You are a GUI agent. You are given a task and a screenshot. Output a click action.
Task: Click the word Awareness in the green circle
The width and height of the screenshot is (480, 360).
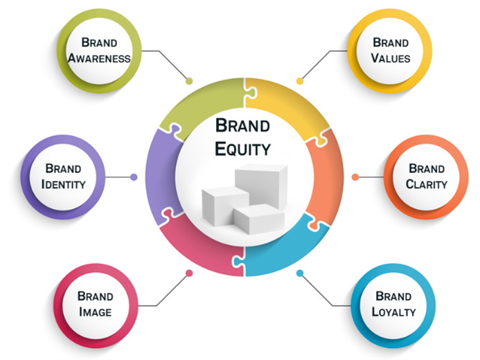point(100,58)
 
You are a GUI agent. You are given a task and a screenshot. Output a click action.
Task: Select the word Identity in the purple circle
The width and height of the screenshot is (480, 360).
point(63,184)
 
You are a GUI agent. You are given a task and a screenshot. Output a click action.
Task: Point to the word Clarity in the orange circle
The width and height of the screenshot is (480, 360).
point(427,184)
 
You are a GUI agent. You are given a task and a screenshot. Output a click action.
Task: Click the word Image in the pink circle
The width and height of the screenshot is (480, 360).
point(96,312)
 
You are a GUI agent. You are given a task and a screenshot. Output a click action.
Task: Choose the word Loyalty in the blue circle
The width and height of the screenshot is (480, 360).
point(393,312)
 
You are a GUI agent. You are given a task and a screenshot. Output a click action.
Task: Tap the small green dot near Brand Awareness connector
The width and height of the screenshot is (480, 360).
point(189,80)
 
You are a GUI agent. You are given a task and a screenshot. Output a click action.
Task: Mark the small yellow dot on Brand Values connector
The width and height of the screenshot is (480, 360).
point(299,81)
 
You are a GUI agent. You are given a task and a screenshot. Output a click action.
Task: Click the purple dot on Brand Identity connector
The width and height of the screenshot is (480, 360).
point(134,177)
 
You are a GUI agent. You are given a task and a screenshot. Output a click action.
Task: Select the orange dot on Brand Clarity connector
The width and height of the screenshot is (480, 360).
point(355,177)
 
